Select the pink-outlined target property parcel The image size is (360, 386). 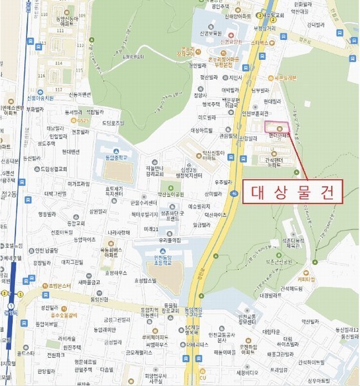[x=277, y=125]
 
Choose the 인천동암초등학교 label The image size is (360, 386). [x=162, y=256]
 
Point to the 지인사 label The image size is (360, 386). [x=235, y=78]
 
